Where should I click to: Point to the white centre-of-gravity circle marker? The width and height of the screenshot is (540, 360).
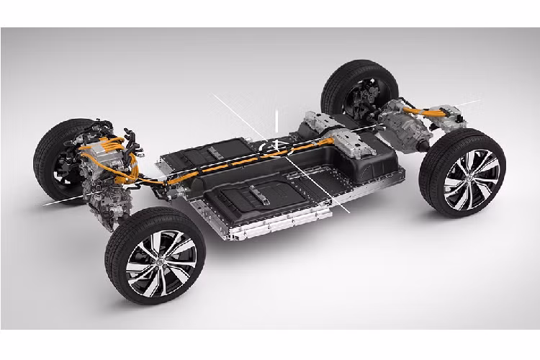[x=271, y=149]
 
